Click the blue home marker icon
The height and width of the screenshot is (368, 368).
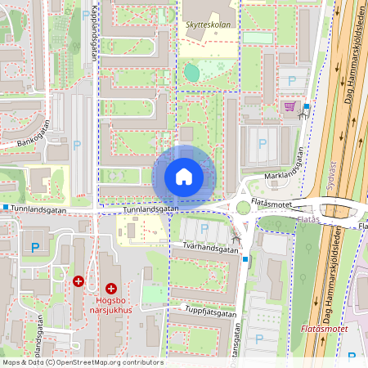pyautogui.click(x=183, y=176)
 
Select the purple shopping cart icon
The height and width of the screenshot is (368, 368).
pyautogui.click(x=289, y=105)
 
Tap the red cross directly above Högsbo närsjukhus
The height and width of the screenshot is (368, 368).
pyautogui.click(x=111, y=288)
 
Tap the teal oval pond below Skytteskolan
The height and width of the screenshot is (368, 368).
pyautogui.click(x=191, y=72)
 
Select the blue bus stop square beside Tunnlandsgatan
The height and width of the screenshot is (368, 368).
pyautogui.click(x=5, y=207)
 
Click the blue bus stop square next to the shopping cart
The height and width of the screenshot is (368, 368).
pyautogui.click(x=307, y=106)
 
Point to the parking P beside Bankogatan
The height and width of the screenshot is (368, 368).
pyautogui.click(x=77, y=146)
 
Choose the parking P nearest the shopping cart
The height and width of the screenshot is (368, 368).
pyautogui.click(x=292, y=80)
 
